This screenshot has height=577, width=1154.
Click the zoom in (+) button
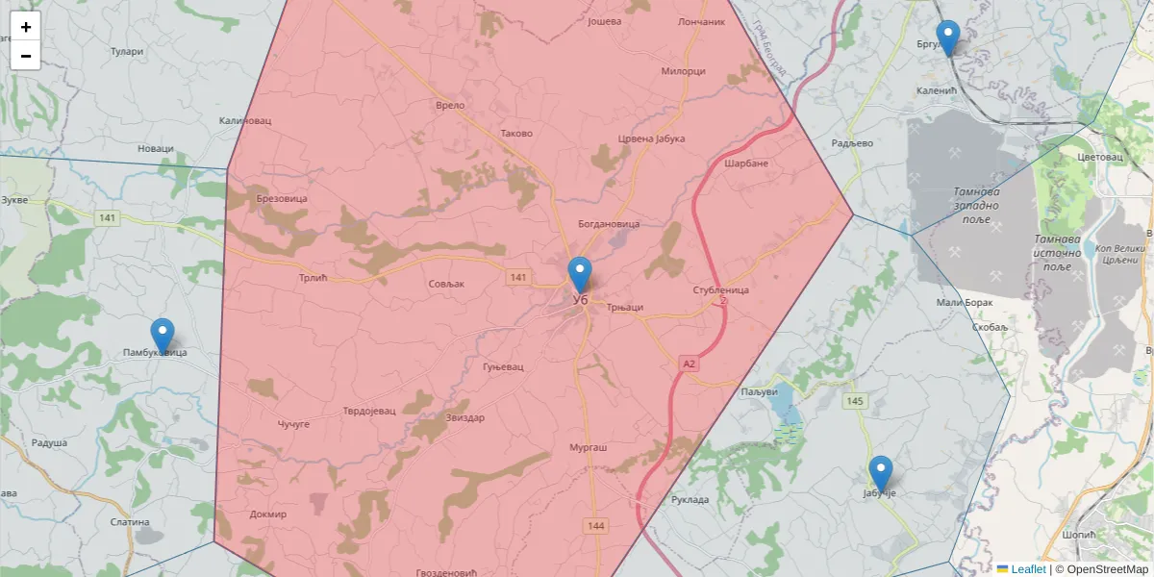(x=26, y=27)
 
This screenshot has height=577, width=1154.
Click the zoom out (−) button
(x=26, y=56)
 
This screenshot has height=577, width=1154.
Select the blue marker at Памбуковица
(x=163, y=336)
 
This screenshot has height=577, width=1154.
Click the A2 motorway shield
(x=689, y=364)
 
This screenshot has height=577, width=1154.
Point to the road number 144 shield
(x=596, y=525)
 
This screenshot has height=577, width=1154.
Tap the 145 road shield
(x=853, y=400)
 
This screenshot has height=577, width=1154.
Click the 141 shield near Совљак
(x=518, y=277)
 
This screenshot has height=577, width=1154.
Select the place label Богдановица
(x=608, y=224)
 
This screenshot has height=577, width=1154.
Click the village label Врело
(x=450, y=106)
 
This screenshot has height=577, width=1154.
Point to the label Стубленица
(x=720, y=289)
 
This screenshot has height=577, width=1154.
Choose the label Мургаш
(x=588, y=448)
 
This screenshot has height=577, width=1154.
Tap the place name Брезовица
(x=282, y=198)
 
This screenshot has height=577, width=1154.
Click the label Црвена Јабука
(x=651, y=138)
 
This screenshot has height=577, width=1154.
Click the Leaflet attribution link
(x=1028, y=569)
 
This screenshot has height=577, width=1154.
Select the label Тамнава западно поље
(x=977, y=205)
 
